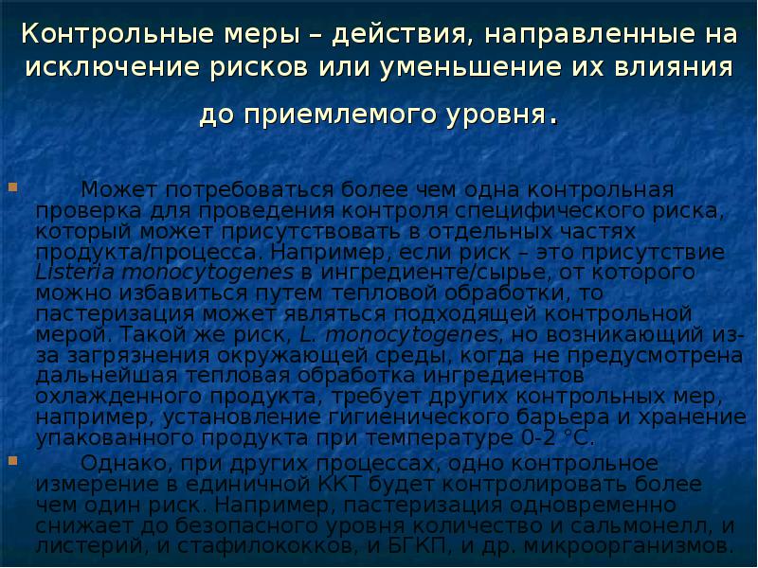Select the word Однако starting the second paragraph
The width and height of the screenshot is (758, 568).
coord(117,463)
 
